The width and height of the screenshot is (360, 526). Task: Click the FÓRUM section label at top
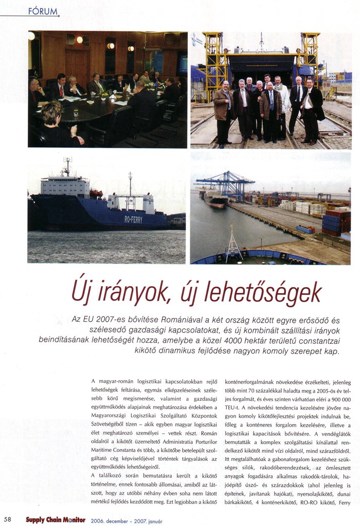pyautogui.click(x=43, y=11)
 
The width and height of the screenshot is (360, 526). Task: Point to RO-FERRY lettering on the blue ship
pyautogui.click(x=133, y=219)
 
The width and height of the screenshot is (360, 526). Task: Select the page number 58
pyautogui.click(x=8, y=519)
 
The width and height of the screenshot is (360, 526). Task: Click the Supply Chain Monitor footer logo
pyautogui.click(x=56, y=519)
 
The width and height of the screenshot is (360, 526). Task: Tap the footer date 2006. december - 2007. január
pyautogui.click(x=126, y=520)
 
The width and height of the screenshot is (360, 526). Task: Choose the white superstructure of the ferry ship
pyautogui.click(x=65, y=184)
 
